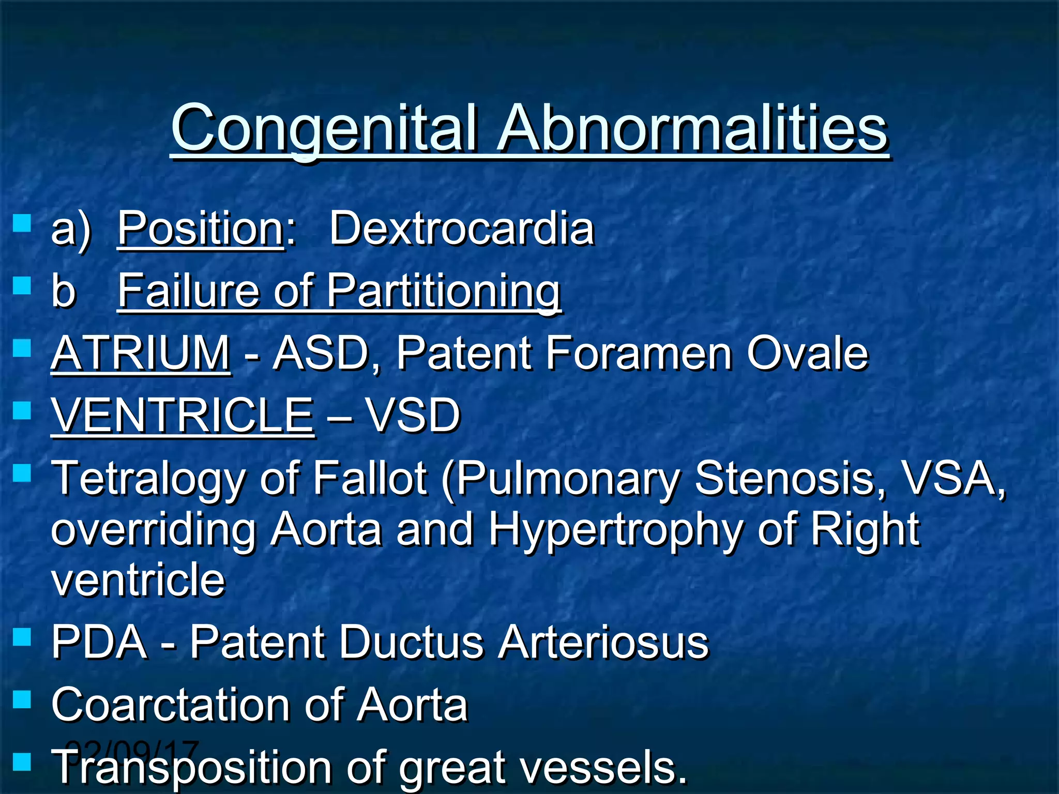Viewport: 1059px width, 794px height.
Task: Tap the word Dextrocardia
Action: pos(461,228)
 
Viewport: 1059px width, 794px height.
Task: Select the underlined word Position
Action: pos(201,228)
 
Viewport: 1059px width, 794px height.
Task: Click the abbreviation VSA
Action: pos(951,478)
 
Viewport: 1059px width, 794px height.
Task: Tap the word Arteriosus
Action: pos(603,642)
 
